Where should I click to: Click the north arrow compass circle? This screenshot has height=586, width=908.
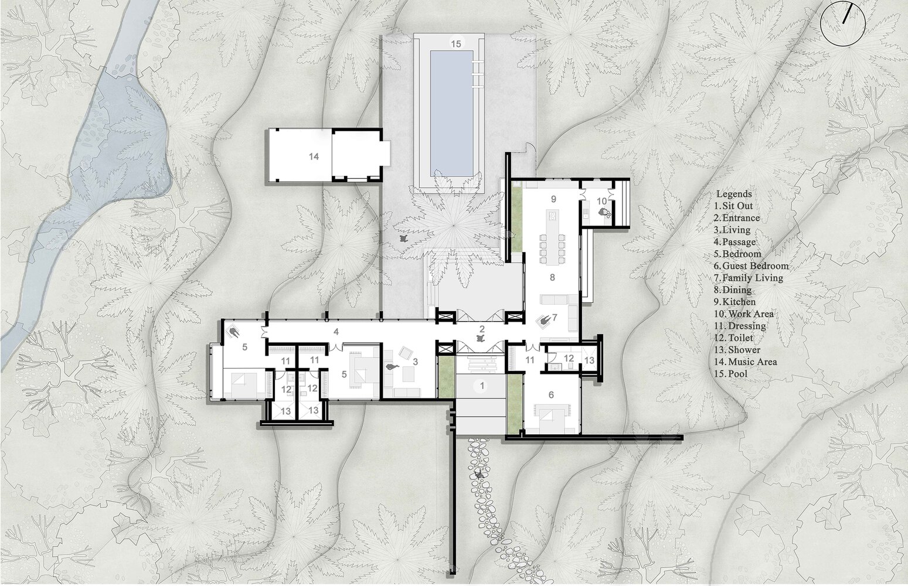point(843,22)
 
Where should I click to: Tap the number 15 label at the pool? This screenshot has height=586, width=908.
point(455,43)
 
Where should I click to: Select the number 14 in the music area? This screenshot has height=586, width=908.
point(313,156)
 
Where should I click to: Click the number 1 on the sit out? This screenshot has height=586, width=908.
point(482,386)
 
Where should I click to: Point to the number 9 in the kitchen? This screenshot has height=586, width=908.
point(552,199)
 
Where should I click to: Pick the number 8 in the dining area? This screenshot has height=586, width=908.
point(552,277)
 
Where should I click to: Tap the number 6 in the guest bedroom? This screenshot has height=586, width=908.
point(551,394)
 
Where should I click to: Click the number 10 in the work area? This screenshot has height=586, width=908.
point(601,201)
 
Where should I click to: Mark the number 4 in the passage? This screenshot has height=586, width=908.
point(336,332)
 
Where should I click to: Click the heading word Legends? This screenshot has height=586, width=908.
point(734,193)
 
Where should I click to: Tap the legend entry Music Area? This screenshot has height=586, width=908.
point(746,362)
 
